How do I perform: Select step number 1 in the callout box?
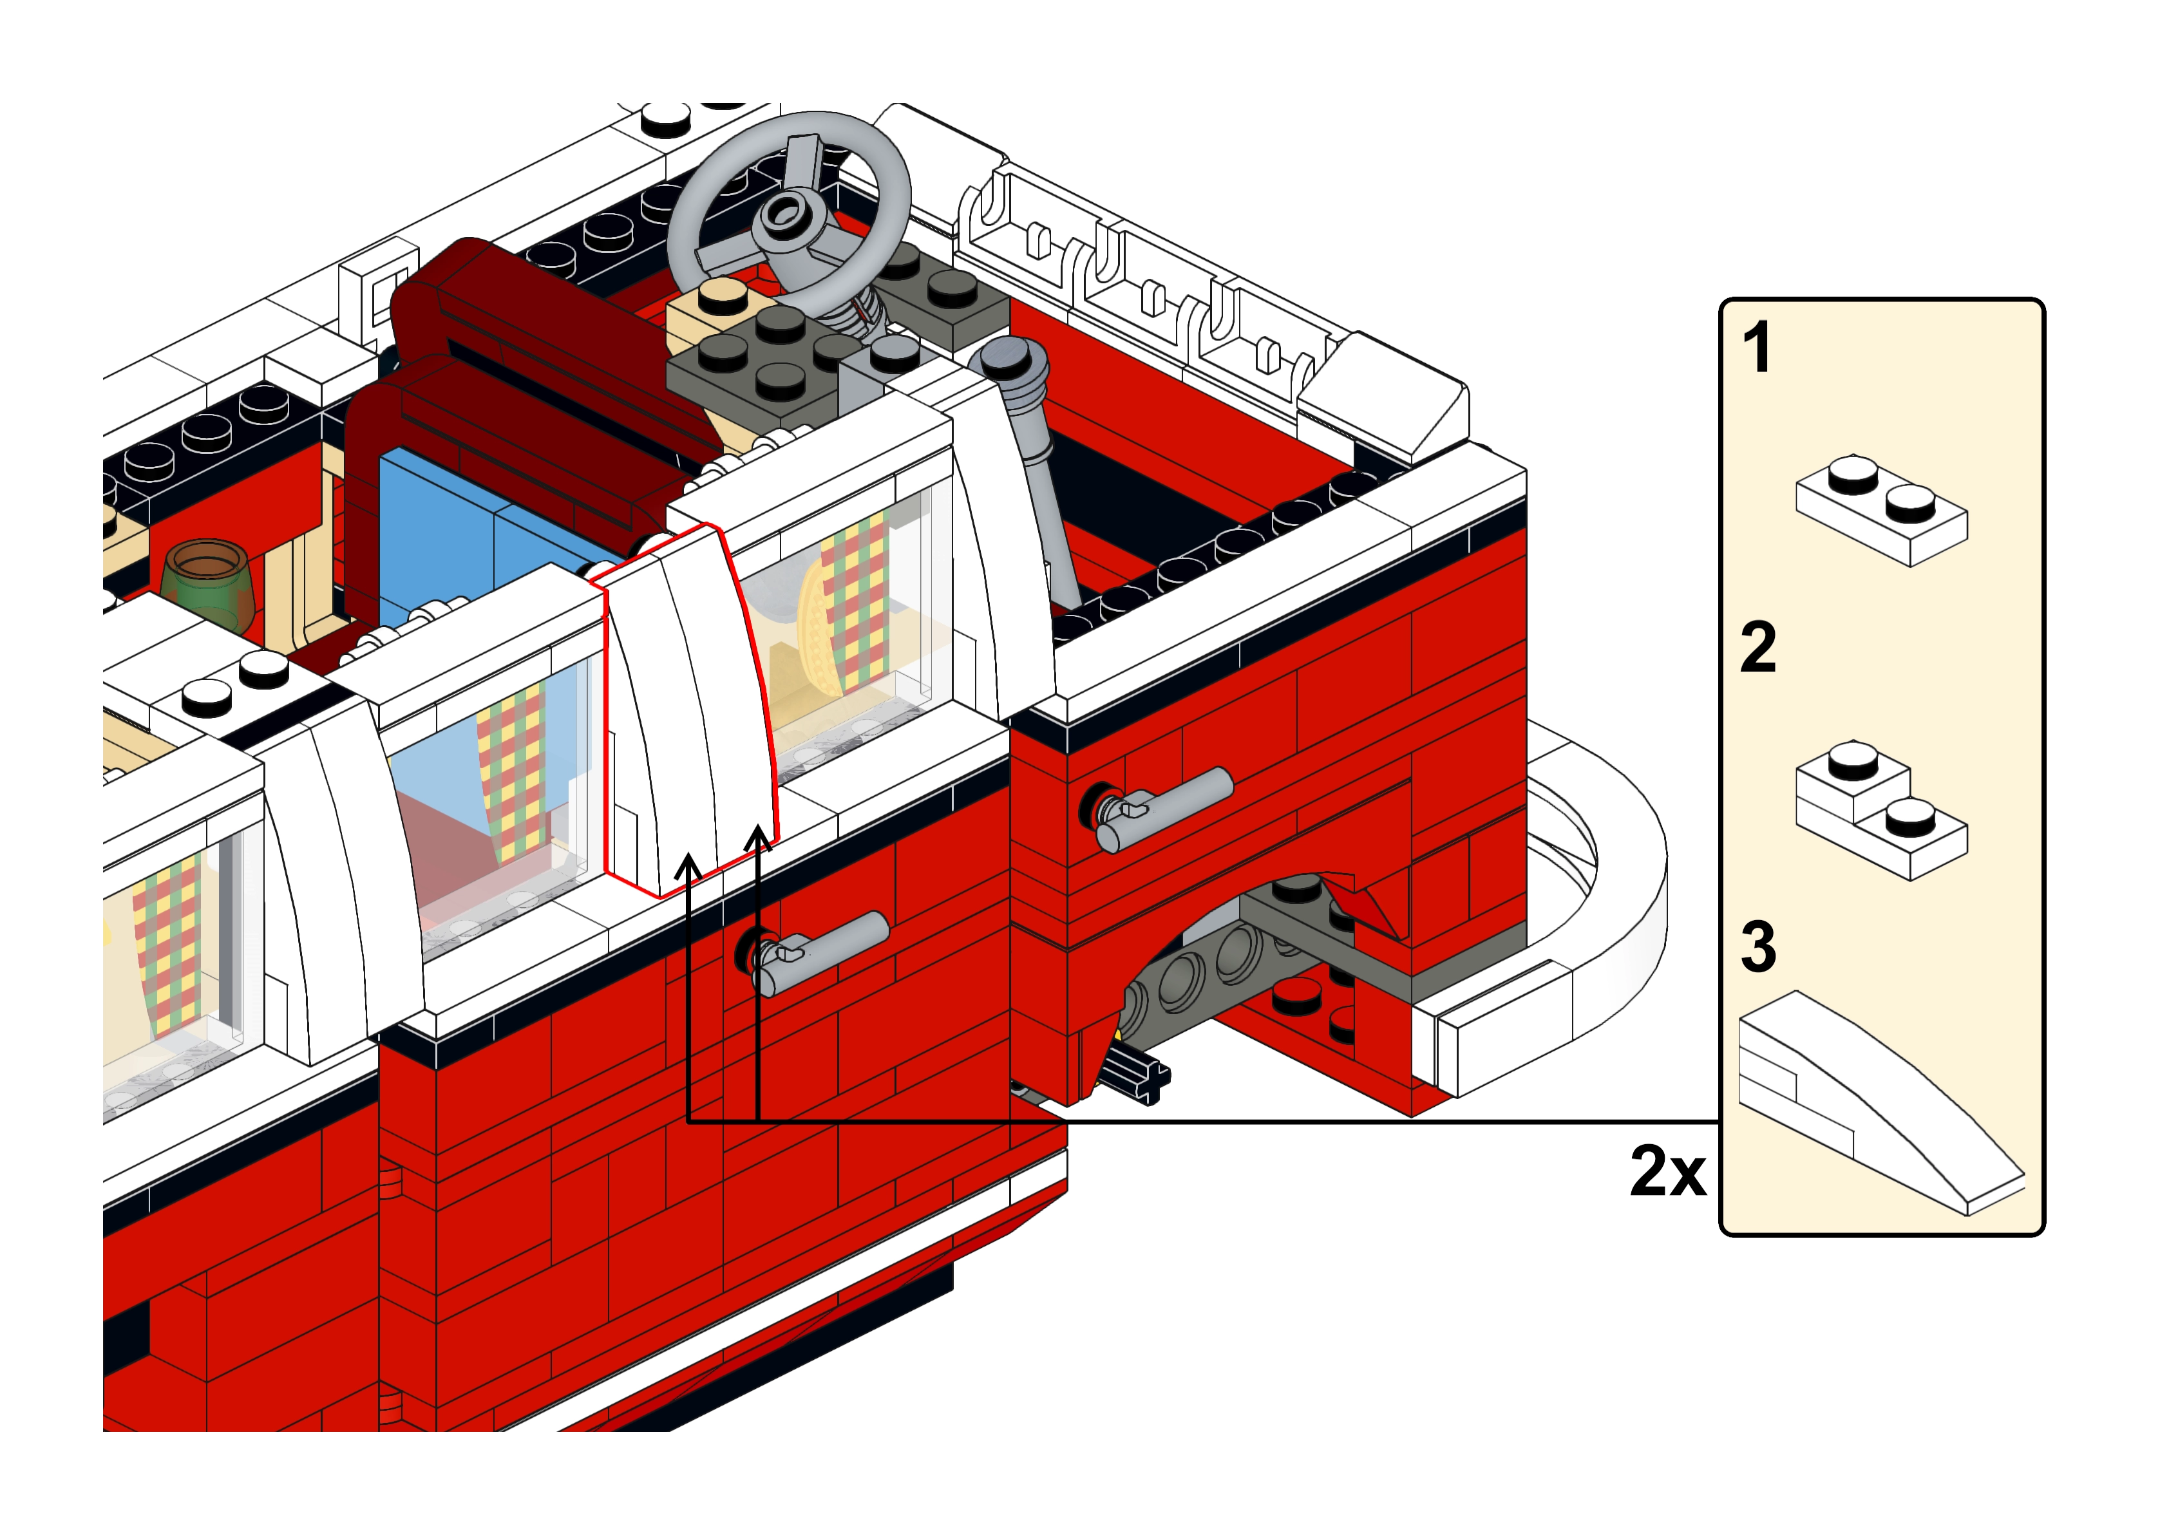pos(1757,348)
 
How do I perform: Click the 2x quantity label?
pos(1668,1172)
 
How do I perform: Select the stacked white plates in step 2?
pos(1880,813)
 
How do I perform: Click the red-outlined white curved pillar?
pos(690,709)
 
